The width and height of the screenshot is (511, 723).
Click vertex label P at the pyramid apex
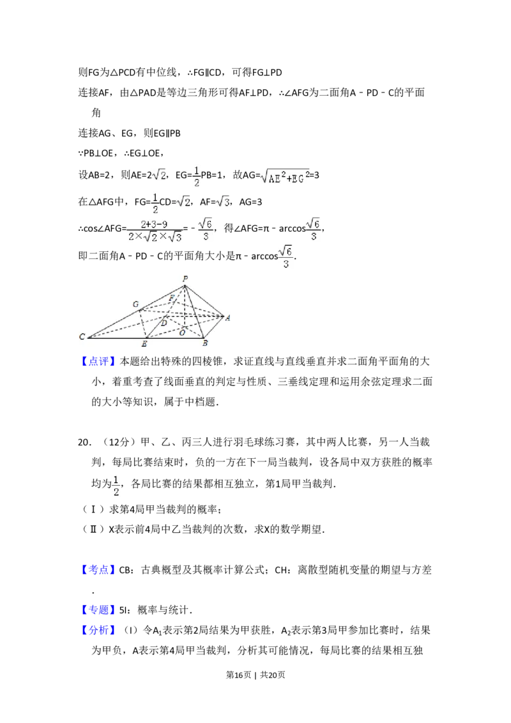[x=185, y=278]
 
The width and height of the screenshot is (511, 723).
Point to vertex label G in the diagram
[x=135, y=304]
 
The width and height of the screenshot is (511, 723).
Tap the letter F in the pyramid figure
[x=171, y=298]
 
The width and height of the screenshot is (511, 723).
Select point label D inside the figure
[x=164, y=324]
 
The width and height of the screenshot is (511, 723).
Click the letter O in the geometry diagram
[x=182, y=332]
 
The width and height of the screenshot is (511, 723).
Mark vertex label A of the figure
[x=228, y=317]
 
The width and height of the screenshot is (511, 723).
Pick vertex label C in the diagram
[x=82, y=336]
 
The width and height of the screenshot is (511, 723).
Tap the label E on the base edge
[x=144, y=344]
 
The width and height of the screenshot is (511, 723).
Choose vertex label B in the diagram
[x=204, y=343]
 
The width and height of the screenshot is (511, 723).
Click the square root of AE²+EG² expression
[x=284, y=179]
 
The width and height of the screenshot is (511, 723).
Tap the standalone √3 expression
[x=222, y=202]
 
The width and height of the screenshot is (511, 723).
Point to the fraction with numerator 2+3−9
[x=153, y=230]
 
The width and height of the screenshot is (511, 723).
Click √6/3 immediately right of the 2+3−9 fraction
[x=204, y=230]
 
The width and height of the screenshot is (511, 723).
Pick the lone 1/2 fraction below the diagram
[x=115, y=485]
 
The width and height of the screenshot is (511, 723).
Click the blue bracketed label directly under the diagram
[x=99, y=362]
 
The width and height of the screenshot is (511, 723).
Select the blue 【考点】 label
[x=99, y=569]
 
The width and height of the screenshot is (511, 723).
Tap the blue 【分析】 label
[x=99, y=630]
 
